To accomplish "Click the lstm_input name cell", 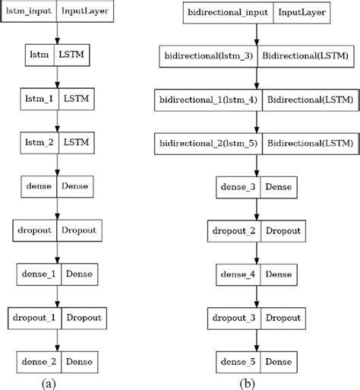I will pyautogui.click(x=28, y=12).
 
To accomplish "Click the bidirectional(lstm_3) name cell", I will pyautogui.click(x=207, y=55).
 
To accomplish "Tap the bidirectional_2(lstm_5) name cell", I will pyautogui.click(x=207, y=142).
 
